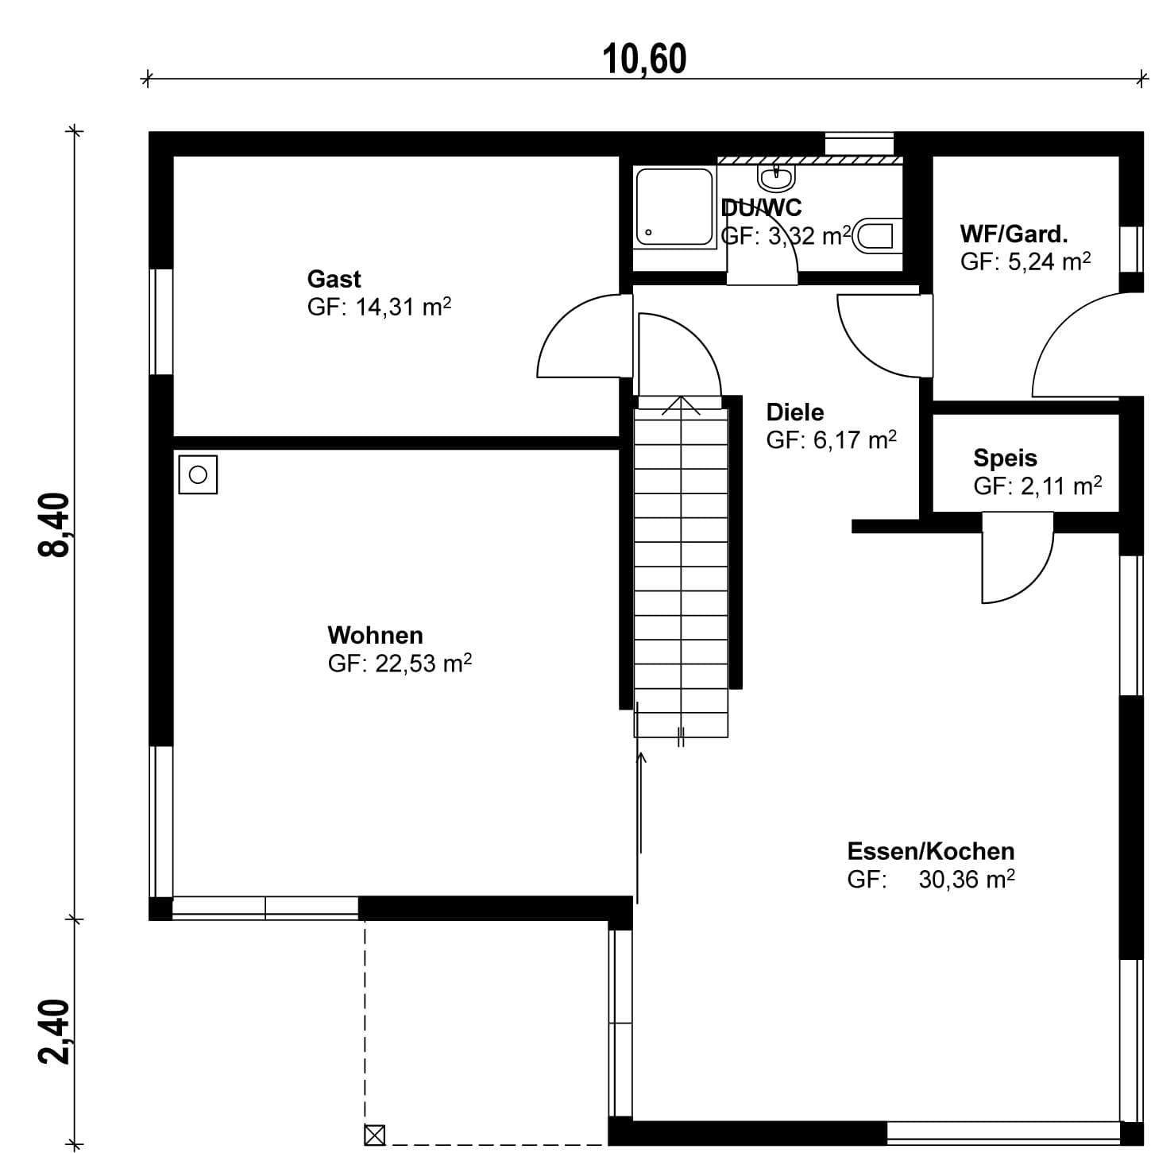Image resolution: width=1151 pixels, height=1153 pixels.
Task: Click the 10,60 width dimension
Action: point(643,60)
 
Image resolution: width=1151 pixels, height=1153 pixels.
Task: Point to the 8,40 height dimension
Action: point(54,524)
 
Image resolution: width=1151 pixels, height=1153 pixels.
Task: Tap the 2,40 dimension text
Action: point(54,1031)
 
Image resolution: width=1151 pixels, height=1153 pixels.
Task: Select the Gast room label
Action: point(334,280)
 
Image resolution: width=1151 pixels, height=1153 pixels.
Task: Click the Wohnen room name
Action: point(375,635)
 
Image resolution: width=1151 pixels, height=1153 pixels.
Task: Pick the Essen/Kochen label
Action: point(931,851)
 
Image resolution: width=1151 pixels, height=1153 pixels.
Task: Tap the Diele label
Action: point(795,412)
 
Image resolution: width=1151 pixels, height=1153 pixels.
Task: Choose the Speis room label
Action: point(1005,458)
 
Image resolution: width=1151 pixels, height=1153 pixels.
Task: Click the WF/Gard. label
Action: point(1014,234)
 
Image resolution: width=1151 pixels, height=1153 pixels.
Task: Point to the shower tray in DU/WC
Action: point(675,207)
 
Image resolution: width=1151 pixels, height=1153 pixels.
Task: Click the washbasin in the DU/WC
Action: point(777,176)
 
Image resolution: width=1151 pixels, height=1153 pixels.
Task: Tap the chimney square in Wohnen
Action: point(198,475)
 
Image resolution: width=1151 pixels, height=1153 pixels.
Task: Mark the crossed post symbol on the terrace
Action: point(374,1135)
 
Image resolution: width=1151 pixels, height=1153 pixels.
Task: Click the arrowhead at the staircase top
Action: point(681,405)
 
